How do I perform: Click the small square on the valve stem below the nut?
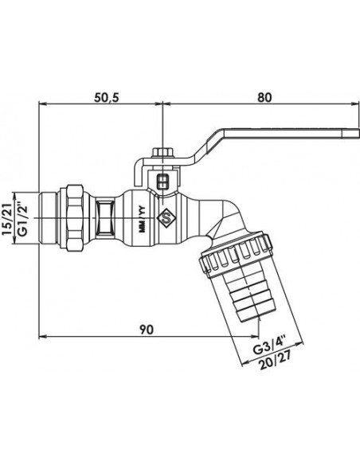162,182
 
